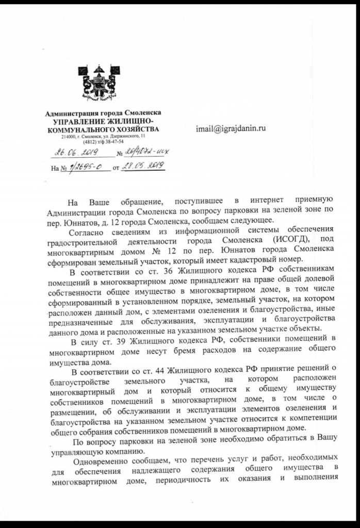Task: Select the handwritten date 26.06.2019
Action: [75, 153]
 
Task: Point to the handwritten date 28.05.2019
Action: [142, 166]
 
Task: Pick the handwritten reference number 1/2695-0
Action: [82, 167]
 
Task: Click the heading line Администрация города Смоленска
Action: [103, 112]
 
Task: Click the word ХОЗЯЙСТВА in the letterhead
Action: [136, 129]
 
